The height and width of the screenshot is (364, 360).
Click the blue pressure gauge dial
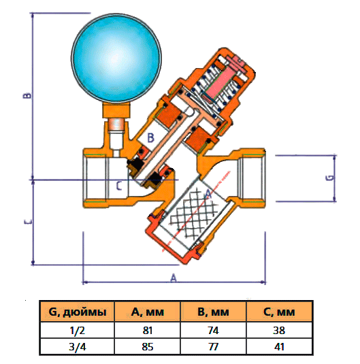(116, 58)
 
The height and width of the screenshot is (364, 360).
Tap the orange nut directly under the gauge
(116, 110)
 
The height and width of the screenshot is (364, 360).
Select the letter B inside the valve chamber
(150, 137)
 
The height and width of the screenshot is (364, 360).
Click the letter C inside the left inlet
(118, 186)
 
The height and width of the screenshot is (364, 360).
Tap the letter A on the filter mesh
(208, 195)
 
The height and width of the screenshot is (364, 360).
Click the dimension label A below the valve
(174, 278)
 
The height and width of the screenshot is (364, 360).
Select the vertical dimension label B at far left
(27, 95)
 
